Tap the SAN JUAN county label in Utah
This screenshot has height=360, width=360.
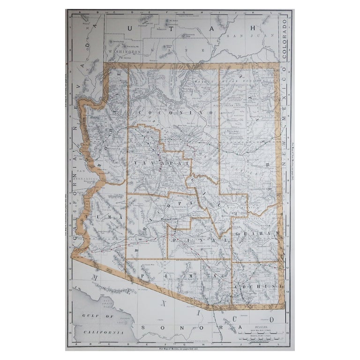(240, 36)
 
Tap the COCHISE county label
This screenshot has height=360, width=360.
(259, 285)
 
